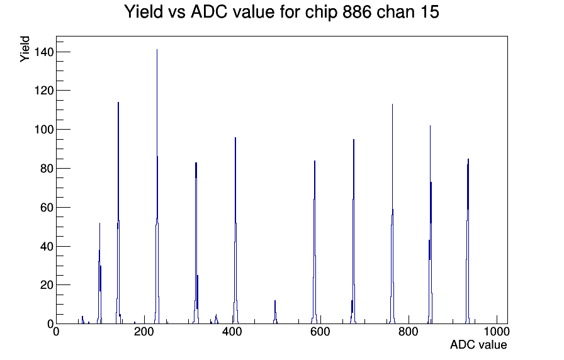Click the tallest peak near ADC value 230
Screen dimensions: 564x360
pyautogui.click(x=157, y=186)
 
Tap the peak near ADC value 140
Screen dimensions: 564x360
pyautogui.click(x=118, y=213)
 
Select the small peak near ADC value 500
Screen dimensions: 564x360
pyautogui.click(x=275, y=312)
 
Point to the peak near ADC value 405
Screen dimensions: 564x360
pyautogui.click(x=235, y=230)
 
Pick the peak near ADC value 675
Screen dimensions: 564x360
pyautogui.click(x=354, y=231)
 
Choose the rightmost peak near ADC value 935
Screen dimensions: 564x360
pyautogui.click(x=468, y=241)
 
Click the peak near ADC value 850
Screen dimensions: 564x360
pyautogui.click(x=430, y=225)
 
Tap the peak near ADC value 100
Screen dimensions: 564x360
pyautogui.click(x=99, y=273)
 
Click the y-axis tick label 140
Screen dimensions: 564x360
pyautogui.click(x=44, y=52)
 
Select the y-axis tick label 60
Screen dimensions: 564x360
pyautogui.click(x=47, y=208)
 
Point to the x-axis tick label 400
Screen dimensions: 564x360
pyautogui.click(x=232, y=332)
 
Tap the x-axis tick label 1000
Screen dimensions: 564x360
pyautogui.click(x=497, y=332)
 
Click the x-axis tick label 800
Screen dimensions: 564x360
pyautogui.click(x=409, y=332)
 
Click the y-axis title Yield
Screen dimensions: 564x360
pyautogui.click(x=25, y=49)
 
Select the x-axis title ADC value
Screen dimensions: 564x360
pyautogui.click(x=478, y=344)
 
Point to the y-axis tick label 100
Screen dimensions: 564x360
pyautogui.click(x=44, y=130)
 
